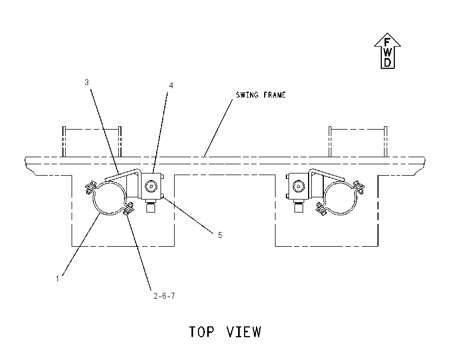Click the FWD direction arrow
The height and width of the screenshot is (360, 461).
coord(387,51)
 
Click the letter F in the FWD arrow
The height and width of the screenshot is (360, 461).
coord(387,42)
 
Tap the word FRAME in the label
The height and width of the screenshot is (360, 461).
coord(274,95)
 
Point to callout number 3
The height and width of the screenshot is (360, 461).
coord(86,82)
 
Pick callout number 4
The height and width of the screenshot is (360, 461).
coord(171,86)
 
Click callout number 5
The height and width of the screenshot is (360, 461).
coord(220,235)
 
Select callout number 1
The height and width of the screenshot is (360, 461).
coord(57,278)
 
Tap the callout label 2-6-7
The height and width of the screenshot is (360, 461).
coord(164,296)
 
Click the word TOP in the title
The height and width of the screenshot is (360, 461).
coord(201,332)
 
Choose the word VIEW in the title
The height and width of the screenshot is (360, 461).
coord(244,332)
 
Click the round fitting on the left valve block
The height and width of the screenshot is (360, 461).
coord(151,187)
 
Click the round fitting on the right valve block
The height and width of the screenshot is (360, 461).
coord(299,187)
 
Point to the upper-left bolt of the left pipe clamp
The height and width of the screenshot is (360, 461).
coord(91,187)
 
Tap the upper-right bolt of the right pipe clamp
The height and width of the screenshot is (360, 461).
coord(359,187)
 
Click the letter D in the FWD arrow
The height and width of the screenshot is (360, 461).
coord(387,62)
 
